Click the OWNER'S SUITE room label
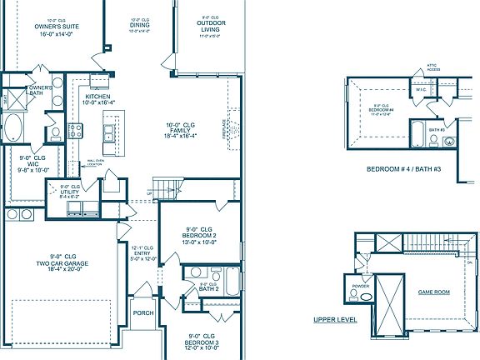pyautogui.click(x=57, y=27)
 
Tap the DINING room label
pyautogui.click(x=141, y=27)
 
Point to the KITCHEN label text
pyautogui.click(x=99, y=97)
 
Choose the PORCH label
pyautogui.click(x=143, y=314)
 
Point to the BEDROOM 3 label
pyautogui.click(x=201, y=342)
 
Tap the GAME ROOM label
pyautogui.click(x=433, y=292)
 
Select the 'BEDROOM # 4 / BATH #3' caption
pyautogui.click(x=402, y=168)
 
